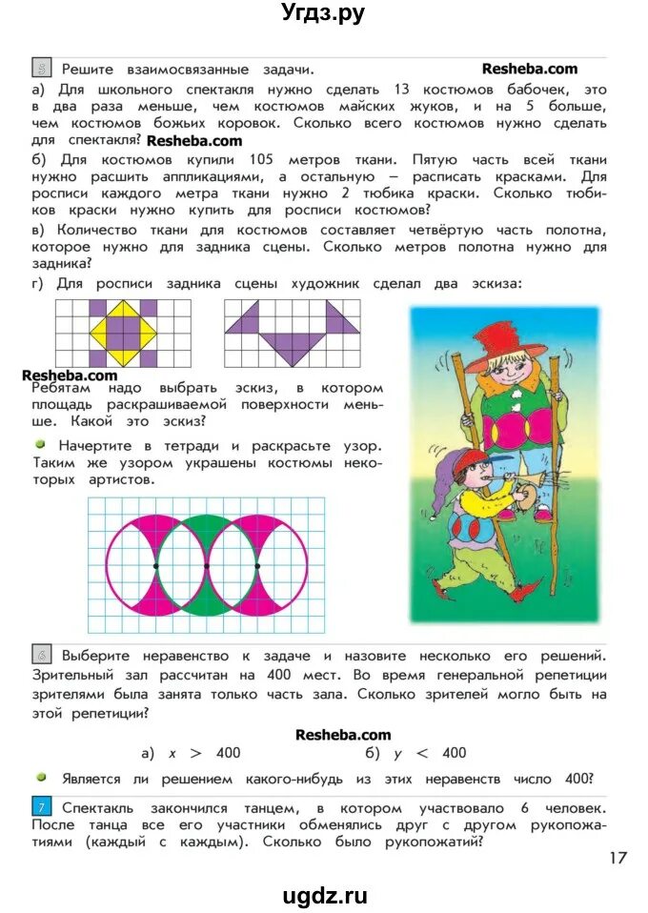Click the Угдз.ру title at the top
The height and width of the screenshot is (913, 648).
[323, 13]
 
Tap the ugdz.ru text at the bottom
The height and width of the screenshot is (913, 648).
[324, 895]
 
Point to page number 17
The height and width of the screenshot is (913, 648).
[617, 858]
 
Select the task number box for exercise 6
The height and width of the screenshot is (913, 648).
[43, 655]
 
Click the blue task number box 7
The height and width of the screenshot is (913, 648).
[43, 808]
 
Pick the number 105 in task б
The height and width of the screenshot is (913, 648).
[262, 159]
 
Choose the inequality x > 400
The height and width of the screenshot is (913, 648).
[204, 752]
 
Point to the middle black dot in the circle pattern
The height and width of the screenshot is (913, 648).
[207, 566]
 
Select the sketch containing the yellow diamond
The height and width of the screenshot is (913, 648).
[123, 333]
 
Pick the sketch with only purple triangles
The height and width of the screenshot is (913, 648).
[292, 333]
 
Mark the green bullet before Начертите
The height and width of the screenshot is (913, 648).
[41, 445]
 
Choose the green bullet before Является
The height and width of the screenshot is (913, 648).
[41, 777]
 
